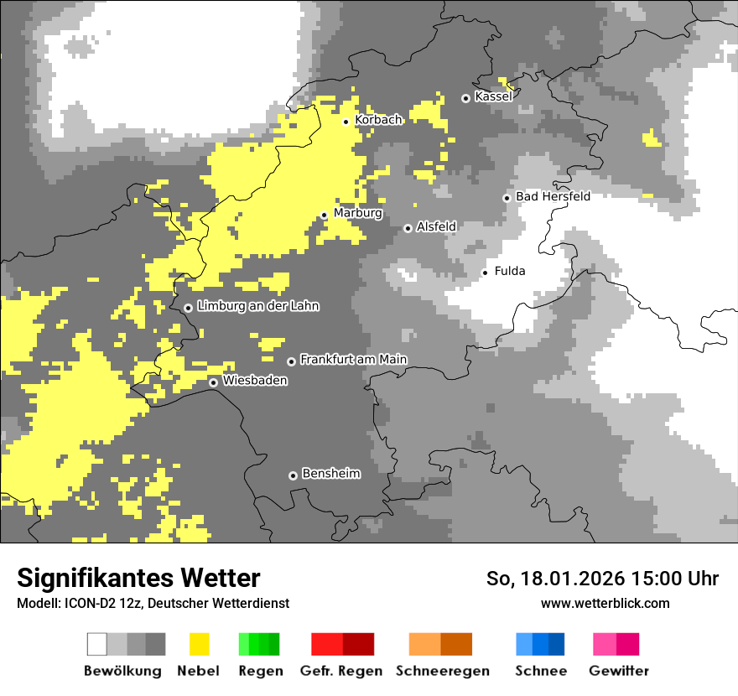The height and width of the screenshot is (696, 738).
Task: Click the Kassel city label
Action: [x=493, y=96]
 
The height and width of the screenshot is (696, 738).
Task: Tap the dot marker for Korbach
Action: [x=346, y=122]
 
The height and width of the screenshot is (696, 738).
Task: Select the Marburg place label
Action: [x=357, y=213]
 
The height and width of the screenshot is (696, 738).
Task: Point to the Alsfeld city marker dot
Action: [x=408, y=228]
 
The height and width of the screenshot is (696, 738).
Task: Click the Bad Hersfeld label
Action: [x=553, y=196]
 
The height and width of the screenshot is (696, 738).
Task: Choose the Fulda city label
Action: [x=510, y=271]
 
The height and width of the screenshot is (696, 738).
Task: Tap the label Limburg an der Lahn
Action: [x=257, y=306]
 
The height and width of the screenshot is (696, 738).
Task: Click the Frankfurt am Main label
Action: [x=353, y=360]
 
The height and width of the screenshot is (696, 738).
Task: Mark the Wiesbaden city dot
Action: [x=214, y=382]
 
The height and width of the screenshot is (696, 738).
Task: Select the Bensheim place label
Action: [x=330, y=474]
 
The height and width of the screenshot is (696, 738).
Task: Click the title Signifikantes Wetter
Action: [x=138, y=578]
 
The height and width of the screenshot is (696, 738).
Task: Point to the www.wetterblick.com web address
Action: [x=605, y=603]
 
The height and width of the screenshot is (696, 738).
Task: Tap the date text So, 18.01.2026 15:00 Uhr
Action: [x=602, y=579]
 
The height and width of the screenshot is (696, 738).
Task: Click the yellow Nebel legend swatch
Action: [x=199, y=644]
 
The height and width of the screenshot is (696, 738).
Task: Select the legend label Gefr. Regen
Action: [x=341, y=671]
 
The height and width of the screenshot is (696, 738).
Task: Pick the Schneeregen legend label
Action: [x=443, y=671]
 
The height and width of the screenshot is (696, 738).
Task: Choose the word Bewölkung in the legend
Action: [x=122, y=671]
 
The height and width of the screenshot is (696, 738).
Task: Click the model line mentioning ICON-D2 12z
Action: [x=153, y=603]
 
